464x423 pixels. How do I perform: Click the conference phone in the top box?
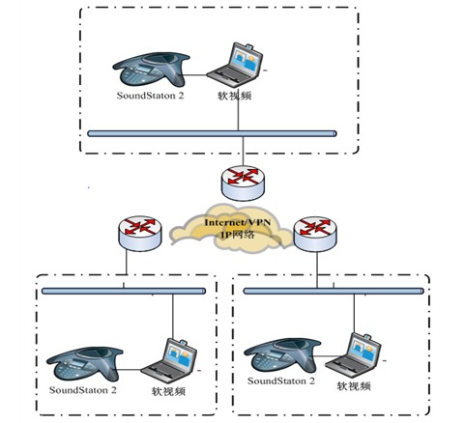(x=151, y=70)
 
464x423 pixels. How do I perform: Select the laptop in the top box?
(x=235, y=62)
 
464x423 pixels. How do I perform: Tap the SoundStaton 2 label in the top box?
(x=150, y=96)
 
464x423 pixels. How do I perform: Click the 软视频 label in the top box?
(x=234, y=96)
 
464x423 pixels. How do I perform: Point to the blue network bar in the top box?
(x=212, y=133)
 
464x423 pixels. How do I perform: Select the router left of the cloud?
(x=140, y=233)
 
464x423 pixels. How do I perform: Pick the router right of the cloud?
(x=315, y=234)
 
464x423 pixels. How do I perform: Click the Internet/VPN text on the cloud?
(x=238, y=222)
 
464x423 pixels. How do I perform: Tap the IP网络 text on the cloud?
(x=238, y=234)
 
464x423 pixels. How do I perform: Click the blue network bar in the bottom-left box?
(x=124, y=291)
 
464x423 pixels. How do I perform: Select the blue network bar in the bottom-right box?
(x=333, y=291)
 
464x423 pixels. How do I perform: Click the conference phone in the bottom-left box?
(x=85, y=364)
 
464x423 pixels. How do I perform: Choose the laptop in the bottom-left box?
(x=169, y=358)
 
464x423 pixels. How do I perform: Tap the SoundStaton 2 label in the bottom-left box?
(x=83, y=390)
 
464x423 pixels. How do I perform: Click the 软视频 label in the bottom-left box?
(x=168, y=391)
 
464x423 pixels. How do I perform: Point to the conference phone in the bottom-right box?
(x=282, y=354)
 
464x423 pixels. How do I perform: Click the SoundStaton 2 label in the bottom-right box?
(x=281, y=381)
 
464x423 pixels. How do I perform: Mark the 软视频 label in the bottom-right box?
(x=354, y=385)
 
